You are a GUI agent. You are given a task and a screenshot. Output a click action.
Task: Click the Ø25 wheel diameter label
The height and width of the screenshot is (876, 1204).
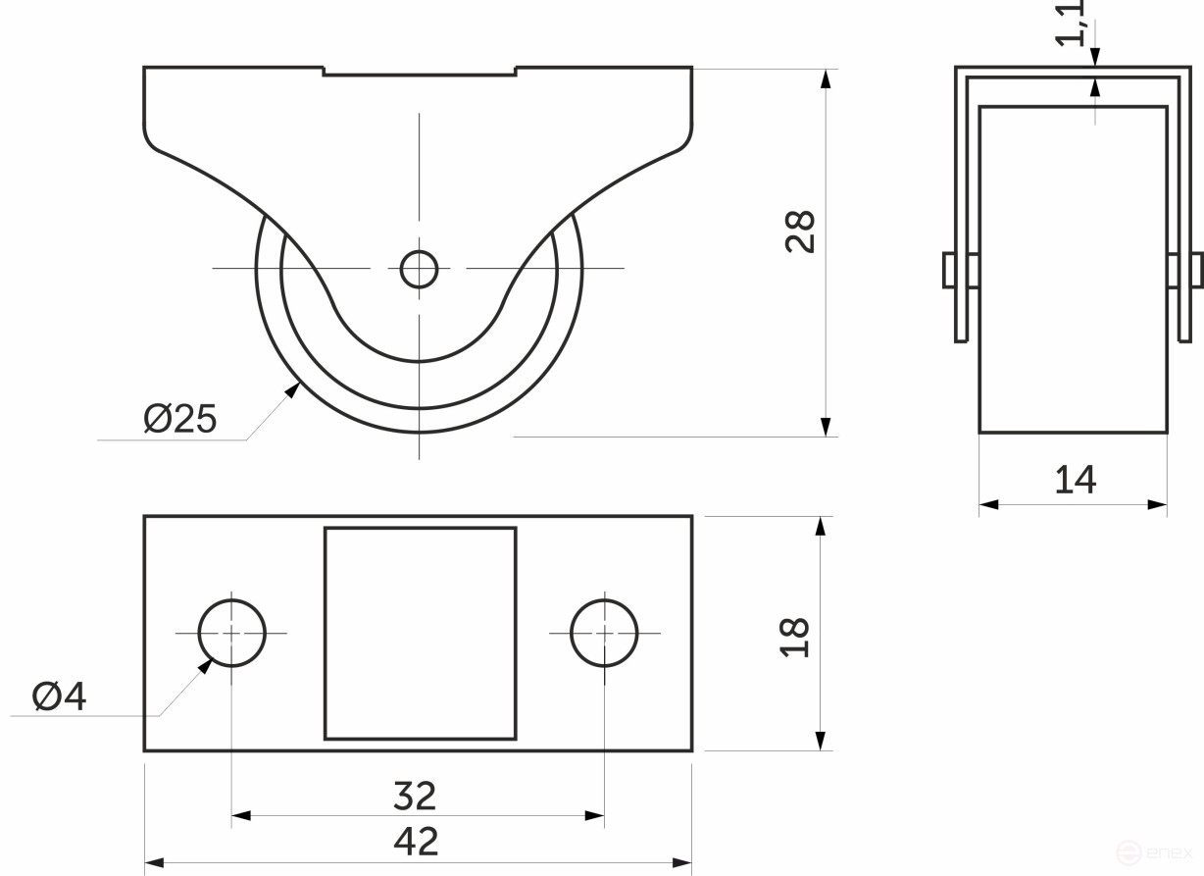coord(179,419)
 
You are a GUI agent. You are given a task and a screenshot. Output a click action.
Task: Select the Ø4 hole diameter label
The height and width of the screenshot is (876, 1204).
coord(60,696)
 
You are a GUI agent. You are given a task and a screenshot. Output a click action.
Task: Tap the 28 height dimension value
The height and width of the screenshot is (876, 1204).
coord(801,232)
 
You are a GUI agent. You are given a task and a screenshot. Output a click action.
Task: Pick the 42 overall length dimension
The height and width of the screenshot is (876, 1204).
coord(416,842)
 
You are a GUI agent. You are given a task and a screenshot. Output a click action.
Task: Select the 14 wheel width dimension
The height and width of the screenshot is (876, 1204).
coord(1076,480)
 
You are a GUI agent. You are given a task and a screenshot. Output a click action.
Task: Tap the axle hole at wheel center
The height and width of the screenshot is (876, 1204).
coord(419,269)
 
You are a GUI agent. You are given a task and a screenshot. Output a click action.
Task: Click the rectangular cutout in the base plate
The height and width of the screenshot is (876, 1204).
coord(420,634)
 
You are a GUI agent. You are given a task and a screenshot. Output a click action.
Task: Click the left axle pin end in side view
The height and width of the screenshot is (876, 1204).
coord(949,271)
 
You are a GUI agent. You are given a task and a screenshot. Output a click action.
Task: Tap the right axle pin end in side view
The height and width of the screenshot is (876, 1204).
coord(1197,271)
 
